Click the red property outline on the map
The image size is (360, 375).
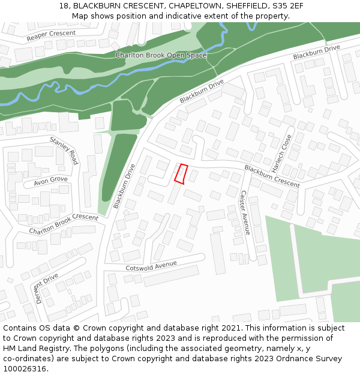pyautogui.click(x=181, y=173)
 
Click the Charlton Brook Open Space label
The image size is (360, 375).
pyautogui.click(x=161, y=55)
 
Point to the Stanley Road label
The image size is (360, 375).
pyautogui.click(x=64, y=151)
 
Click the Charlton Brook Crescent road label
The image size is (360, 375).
pyautogui.click(x=64, y=224)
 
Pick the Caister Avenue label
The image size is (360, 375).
pyautogui.click(x=244, y=212)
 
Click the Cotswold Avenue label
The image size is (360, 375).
pyautogui.click(x=151, y=266)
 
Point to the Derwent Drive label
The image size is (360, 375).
pyautogui.click(x=47, y=288)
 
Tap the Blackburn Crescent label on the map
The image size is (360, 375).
pyautogui.click(x=272, y=176)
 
